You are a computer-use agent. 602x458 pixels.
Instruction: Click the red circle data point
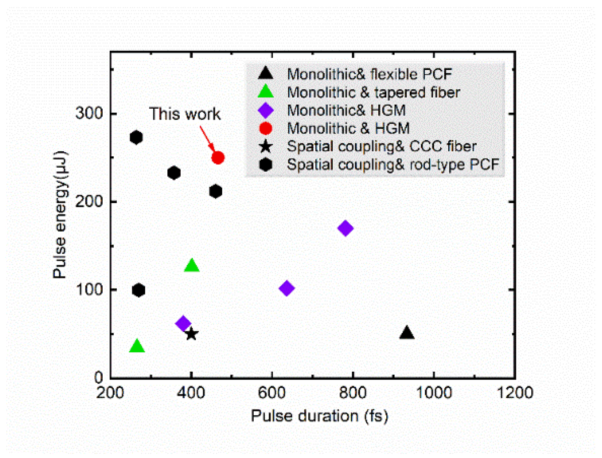coord(218,158)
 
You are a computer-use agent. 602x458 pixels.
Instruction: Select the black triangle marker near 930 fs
coord(407,333)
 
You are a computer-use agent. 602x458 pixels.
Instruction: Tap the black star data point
coord(191,334)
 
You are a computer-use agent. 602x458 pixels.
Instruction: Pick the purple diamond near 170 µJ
coord(345,228)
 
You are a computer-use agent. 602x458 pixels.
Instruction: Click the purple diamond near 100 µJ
coord(287,288)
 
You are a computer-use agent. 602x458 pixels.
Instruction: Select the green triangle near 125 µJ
coord(192,266)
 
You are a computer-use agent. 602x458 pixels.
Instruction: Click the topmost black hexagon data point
coord(136,137)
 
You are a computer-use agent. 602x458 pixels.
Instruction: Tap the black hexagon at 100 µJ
coord(139,290)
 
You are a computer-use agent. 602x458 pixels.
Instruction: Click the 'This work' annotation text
coord(185,114)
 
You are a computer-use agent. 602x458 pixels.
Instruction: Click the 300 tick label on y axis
coord(89,113)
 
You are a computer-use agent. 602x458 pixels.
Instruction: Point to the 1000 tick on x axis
coord(434,393)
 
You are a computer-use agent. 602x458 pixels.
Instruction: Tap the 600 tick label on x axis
coord(272,393)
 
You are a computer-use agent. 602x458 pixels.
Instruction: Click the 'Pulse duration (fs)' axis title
coord(319,416)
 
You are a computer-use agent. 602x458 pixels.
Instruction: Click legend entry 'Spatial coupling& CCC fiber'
coord(382,146)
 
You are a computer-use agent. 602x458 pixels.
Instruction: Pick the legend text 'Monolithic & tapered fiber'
coord(374,92)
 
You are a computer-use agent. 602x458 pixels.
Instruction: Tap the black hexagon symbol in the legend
coord(265,164)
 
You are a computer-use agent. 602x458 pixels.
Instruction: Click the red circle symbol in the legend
coord(265,128)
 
